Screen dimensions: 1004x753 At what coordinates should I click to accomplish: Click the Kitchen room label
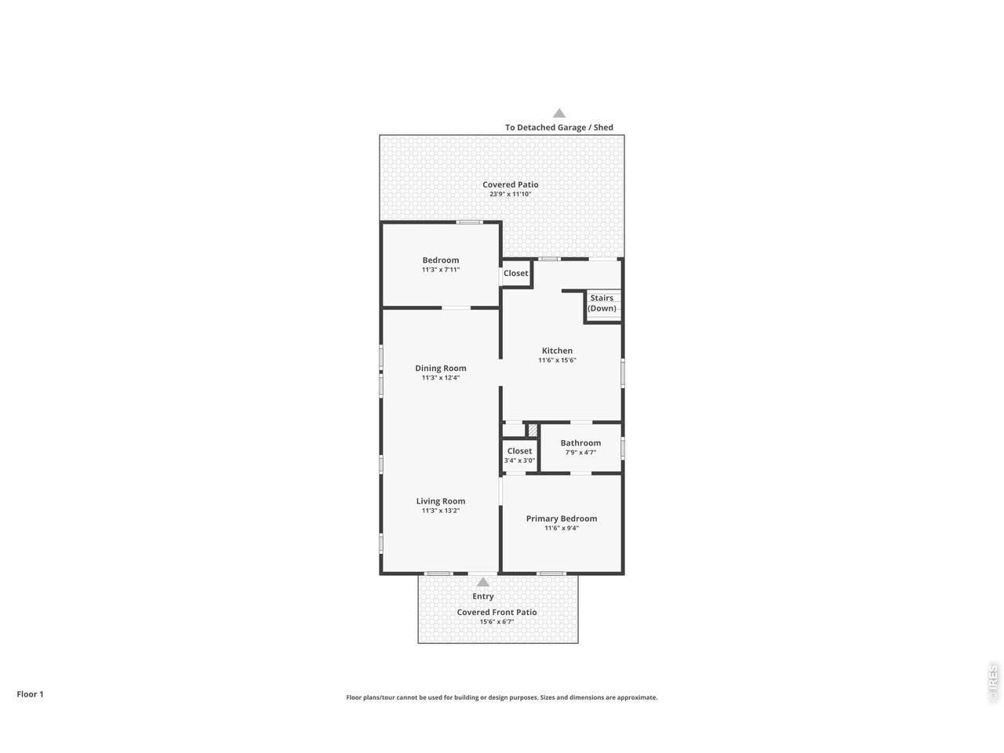[557, 351]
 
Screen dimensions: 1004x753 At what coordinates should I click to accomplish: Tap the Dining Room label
[441, 368]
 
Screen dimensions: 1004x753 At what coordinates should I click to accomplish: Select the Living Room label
[441, 501]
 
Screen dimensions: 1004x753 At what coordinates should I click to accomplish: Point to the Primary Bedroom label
[562, 518]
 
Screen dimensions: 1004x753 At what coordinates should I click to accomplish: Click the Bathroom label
[580, 442]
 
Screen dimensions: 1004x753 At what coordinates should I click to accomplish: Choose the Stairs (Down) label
[602, 303]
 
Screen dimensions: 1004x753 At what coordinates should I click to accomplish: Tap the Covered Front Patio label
[497, 612]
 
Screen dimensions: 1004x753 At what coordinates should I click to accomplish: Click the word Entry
[483, 596]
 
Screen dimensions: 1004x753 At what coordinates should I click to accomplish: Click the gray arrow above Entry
[483, 582]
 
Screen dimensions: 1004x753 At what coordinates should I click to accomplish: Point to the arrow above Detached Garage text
[559, 113]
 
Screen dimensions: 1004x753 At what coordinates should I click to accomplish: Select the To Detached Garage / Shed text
[559, 127]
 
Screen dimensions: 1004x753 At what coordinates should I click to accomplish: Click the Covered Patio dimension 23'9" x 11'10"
[510, 194]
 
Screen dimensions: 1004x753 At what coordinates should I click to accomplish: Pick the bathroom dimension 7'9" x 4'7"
[580, 452]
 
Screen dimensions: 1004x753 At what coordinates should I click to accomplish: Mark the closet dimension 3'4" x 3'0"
[519, 460]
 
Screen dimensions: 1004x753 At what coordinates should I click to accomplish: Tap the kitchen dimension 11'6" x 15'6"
[557, 360]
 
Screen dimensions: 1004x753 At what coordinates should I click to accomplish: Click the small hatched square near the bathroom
[533, 430]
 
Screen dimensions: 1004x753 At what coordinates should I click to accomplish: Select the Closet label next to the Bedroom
[515, 273]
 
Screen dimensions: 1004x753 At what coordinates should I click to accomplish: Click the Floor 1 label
[30, 694]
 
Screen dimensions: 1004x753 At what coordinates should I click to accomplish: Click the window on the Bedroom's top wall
[469, 222]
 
